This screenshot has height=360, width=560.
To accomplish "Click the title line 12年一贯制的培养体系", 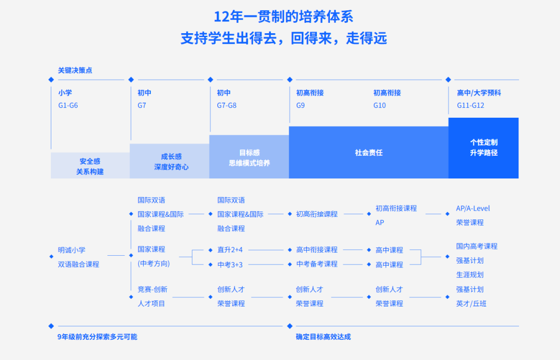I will point(283,17).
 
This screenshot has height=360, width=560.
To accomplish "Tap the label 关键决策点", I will point(75,70).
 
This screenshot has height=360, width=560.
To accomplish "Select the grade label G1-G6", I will point(68,105).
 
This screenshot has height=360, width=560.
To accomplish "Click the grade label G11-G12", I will point(470,105).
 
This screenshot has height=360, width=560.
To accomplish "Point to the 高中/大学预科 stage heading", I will point(479,93).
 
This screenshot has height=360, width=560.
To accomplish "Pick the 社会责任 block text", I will point(369,153).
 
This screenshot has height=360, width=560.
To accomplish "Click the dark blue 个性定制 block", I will point(483,147).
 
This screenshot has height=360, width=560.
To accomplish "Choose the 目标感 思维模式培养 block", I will point(249,158).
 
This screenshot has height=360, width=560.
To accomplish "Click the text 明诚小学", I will point(72,250).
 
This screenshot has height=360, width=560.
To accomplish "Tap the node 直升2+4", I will point(230,250).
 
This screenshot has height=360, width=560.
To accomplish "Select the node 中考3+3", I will point(230,265).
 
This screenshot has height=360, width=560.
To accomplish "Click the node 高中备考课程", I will point(317,264).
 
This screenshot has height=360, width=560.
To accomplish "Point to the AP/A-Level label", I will point(473,209).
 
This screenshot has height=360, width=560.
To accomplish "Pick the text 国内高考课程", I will point(477,246).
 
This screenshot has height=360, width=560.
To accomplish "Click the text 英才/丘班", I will point(471,303).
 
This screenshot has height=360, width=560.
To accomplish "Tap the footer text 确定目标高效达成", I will point(323,337).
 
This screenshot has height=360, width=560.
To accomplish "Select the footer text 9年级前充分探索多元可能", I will point(97,337).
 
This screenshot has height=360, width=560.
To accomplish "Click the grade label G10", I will point(380,105).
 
